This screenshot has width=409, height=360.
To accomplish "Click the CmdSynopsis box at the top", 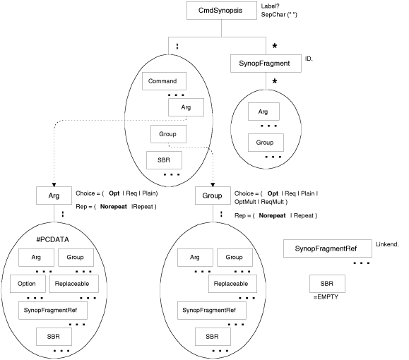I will point(222,11).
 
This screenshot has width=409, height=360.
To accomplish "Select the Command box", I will point(162,82).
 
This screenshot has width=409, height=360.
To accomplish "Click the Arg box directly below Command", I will point(186,107).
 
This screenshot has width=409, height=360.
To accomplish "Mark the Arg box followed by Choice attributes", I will point(54,195).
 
